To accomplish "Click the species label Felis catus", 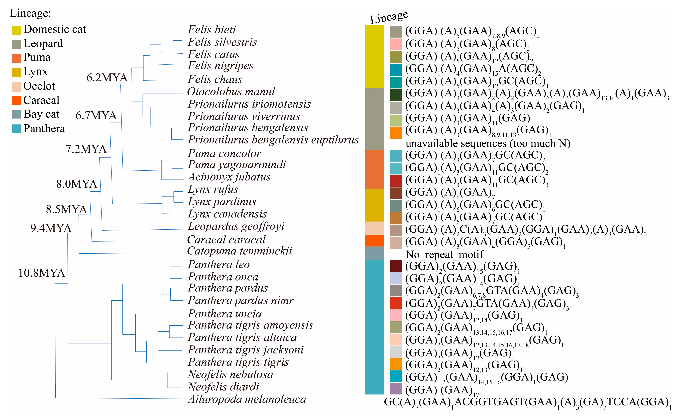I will click(214, 55).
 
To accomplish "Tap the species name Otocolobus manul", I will click(231, 92).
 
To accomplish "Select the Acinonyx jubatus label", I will click(229, 177).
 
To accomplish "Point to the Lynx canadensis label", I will click(227, 214).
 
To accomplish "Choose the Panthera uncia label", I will click(225, 314).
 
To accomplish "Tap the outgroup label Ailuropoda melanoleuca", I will click(247, 399).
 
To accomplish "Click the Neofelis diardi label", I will click(223, 387).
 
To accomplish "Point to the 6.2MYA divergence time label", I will click(107, 78).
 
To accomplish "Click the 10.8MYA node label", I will click(42, 273).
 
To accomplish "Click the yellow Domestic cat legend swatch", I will click(16, 30).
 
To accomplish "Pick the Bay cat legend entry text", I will click(41, 114).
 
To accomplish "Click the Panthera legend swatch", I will click(16, 129).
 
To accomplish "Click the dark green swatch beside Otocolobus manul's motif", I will click(396, 95).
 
